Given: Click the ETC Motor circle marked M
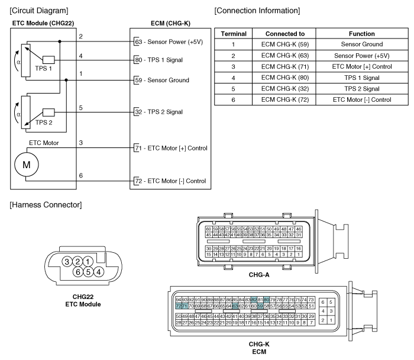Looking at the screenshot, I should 27,165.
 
